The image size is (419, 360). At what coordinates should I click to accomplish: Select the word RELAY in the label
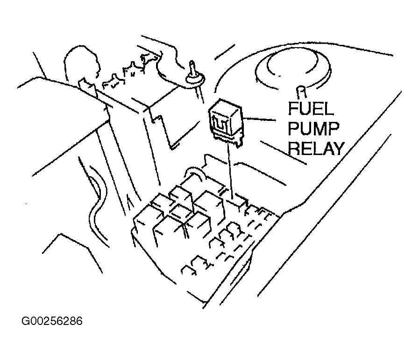tap(315, 148)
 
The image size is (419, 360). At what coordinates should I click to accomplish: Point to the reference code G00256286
tap(52, 321)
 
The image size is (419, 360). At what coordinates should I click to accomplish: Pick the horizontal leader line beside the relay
tap(259, 119)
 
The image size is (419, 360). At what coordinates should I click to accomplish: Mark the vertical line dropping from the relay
tap(230, 171)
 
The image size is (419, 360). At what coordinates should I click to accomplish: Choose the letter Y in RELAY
tap(338, 149)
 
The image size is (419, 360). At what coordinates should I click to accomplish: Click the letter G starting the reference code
tap(25, 321)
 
